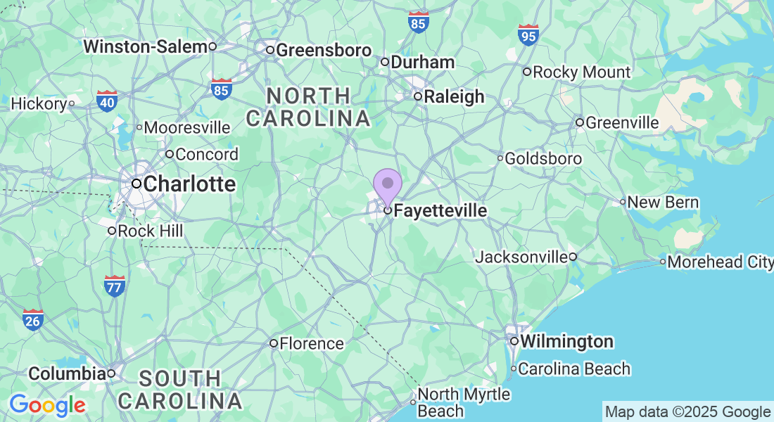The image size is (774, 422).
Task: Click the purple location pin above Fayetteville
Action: coord(387,185)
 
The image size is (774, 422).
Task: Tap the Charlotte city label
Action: coord(189,184)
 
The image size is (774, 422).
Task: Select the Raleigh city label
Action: coord(455,96)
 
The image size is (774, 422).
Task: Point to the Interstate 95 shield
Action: coord(528,34)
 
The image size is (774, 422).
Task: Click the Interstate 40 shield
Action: coord(107,101)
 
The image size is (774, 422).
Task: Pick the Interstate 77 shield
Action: coord(114,285)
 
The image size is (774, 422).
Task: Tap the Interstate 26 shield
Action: coord(33,320)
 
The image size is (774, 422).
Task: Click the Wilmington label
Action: coord(566,342)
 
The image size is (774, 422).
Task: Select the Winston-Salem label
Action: coord(146,46)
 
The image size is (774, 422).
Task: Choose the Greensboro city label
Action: coord(323,50)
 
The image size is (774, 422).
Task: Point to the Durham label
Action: coord(422,62)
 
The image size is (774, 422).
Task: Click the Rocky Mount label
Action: coord(581,72)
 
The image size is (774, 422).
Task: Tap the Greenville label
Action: coord(622,123)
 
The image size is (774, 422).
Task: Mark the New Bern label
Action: coord(662,203)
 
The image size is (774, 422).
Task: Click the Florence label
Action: coord(311,344)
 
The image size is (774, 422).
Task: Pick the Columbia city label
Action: coord(67,373)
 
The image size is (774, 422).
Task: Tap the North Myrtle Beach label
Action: coord(463,402)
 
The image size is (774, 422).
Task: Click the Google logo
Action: coord(47,405)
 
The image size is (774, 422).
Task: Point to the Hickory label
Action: coord(39,104)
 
